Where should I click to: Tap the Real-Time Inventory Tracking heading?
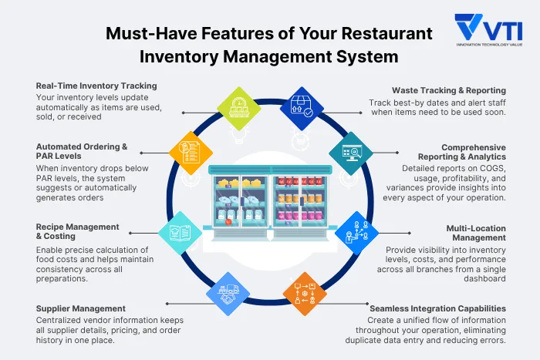[x=96, y=86]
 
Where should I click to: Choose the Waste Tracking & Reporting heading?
[x=448, y=90]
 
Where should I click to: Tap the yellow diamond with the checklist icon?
[x=191, y=146]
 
